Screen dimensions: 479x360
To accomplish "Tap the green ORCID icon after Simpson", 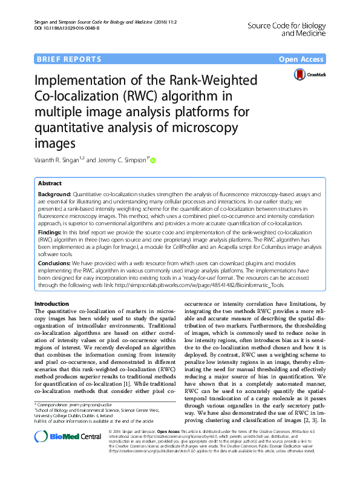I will [152, 160].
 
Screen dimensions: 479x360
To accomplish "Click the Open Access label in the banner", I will [301, 59].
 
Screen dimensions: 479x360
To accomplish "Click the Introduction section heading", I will [52, 303].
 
